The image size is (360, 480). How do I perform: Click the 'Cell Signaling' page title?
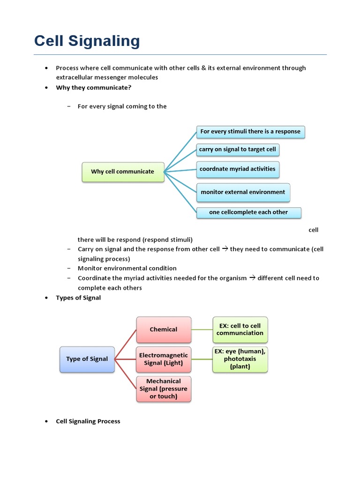[x=87, y=41]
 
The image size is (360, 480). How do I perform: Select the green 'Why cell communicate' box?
[x=123, y=172]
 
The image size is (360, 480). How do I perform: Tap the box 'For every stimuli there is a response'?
[x=250, y=132]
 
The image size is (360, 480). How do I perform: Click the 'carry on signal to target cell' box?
[x=238, y=150]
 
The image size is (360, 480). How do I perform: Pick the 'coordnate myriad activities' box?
[x=238, y=169]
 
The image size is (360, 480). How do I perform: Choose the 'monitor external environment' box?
[x=243, y=192]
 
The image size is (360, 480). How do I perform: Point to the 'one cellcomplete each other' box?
[x=248, y=212]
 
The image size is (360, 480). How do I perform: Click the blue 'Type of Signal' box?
[x=87, y=359]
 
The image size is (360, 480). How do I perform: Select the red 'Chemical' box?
[x=164, y=330]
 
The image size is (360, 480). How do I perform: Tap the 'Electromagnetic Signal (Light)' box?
[x=164, y=359]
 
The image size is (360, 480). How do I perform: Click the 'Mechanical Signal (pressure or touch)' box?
[x=164, y=389]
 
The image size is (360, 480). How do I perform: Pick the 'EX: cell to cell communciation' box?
[x=240, y=330]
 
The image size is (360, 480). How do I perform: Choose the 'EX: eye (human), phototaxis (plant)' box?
[x=240, y=359]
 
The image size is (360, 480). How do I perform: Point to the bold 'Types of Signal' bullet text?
[x=78, y=298]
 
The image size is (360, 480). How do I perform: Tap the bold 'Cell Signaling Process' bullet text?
[x=88, y=421]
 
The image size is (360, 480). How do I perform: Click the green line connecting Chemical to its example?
[x=202, y=330]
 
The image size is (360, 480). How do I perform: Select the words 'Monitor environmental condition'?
[x=127, y=269]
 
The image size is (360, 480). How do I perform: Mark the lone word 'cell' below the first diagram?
[x=314, y=230]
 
